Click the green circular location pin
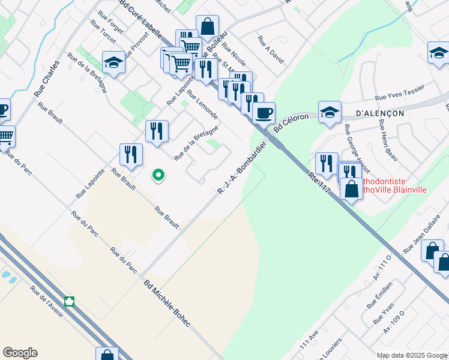(x=158, y=175)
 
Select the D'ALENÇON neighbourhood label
(x=380, y=113)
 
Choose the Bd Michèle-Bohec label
(x=167, y=304)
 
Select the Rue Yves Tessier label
(x=399, y=92)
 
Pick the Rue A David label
(x=270, y=49)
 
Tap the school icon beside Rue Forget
(x=113, y=61)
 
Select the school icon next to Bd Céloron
(x=330, y=112)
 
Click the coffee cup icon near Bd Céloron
(x=264, y=112)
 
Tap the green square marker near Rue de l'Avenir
(x=70, y=301)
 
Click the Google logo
(x=20, y=353)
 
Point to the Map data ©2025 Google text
(x=411, y=355)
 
